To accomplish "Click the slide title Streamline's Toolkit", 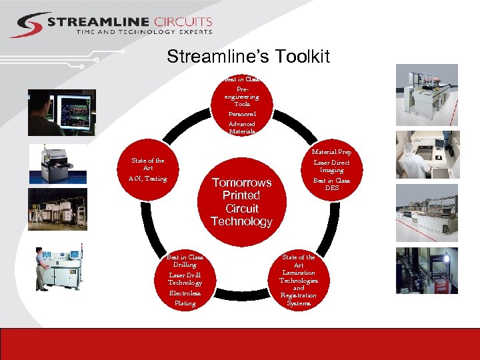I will pyautogui.click(x=248, y=57).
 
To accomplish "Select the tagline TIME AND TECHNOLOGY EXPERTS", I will pyautogui.click(x=144, y=31).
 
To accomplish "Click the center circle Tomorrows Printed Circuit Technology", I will pyautogui.click(x=241, y=201).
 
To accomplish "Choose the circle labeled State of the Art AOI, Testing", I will pyautogui.click(x=149, y=170).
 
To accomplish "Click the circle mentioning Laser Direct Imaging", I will pyautogui.click(x=331, y=170).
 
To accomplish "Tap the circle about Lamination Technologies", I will pyautogui.click(x=298, y=279).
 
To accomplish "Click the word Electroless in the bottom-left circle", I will pyautogui.click(x=185, y=293).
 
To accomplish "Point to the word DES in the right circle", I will pyautogui.click(x=331, y=188).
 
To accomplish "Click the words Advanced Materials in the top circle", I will pyautogui.click(x=241, y=127).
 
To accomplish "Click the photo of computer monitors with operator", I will pyautogui.click(x=61, y=113).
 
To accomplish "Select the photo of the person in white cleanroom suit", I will pyautogui.click(x=427, y=155).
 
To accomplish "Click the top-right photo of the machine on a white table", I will pyautogui.click(x=427, y=95).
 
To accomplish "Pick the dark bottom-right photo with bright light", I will pyautogui.click(x=427, y=271).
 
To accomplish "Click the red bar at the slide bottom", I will pyautogui.click(x=240, y=344).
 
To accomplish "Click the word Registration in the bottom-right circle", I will pyautogui.click(x=298, y=295).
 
